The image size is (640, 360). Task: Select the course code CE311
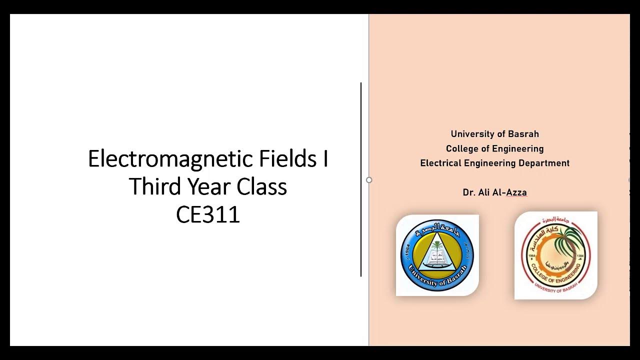pos(208,214)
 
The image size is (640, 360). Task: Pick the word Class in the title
pos(262,187)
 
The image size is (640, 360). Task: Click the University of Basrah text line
pos(494,134)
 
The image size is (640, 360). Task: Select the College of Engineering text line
pos(494,148)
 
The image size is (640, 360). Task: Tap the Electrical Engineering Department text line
pos(494,163)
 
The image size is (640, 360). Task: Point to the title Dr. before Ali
pos(469,192)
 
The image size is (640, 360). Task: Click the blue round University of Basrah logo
pos(437,255)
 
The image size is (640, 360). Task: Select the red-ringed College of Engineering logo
pos(556,255)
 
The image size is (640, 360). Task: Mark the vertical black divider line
pos(361,180)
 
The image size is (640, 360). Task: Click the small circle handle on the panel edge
pos(369,180)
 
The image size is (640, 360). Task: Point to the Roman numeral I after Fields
pos(325,159)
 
